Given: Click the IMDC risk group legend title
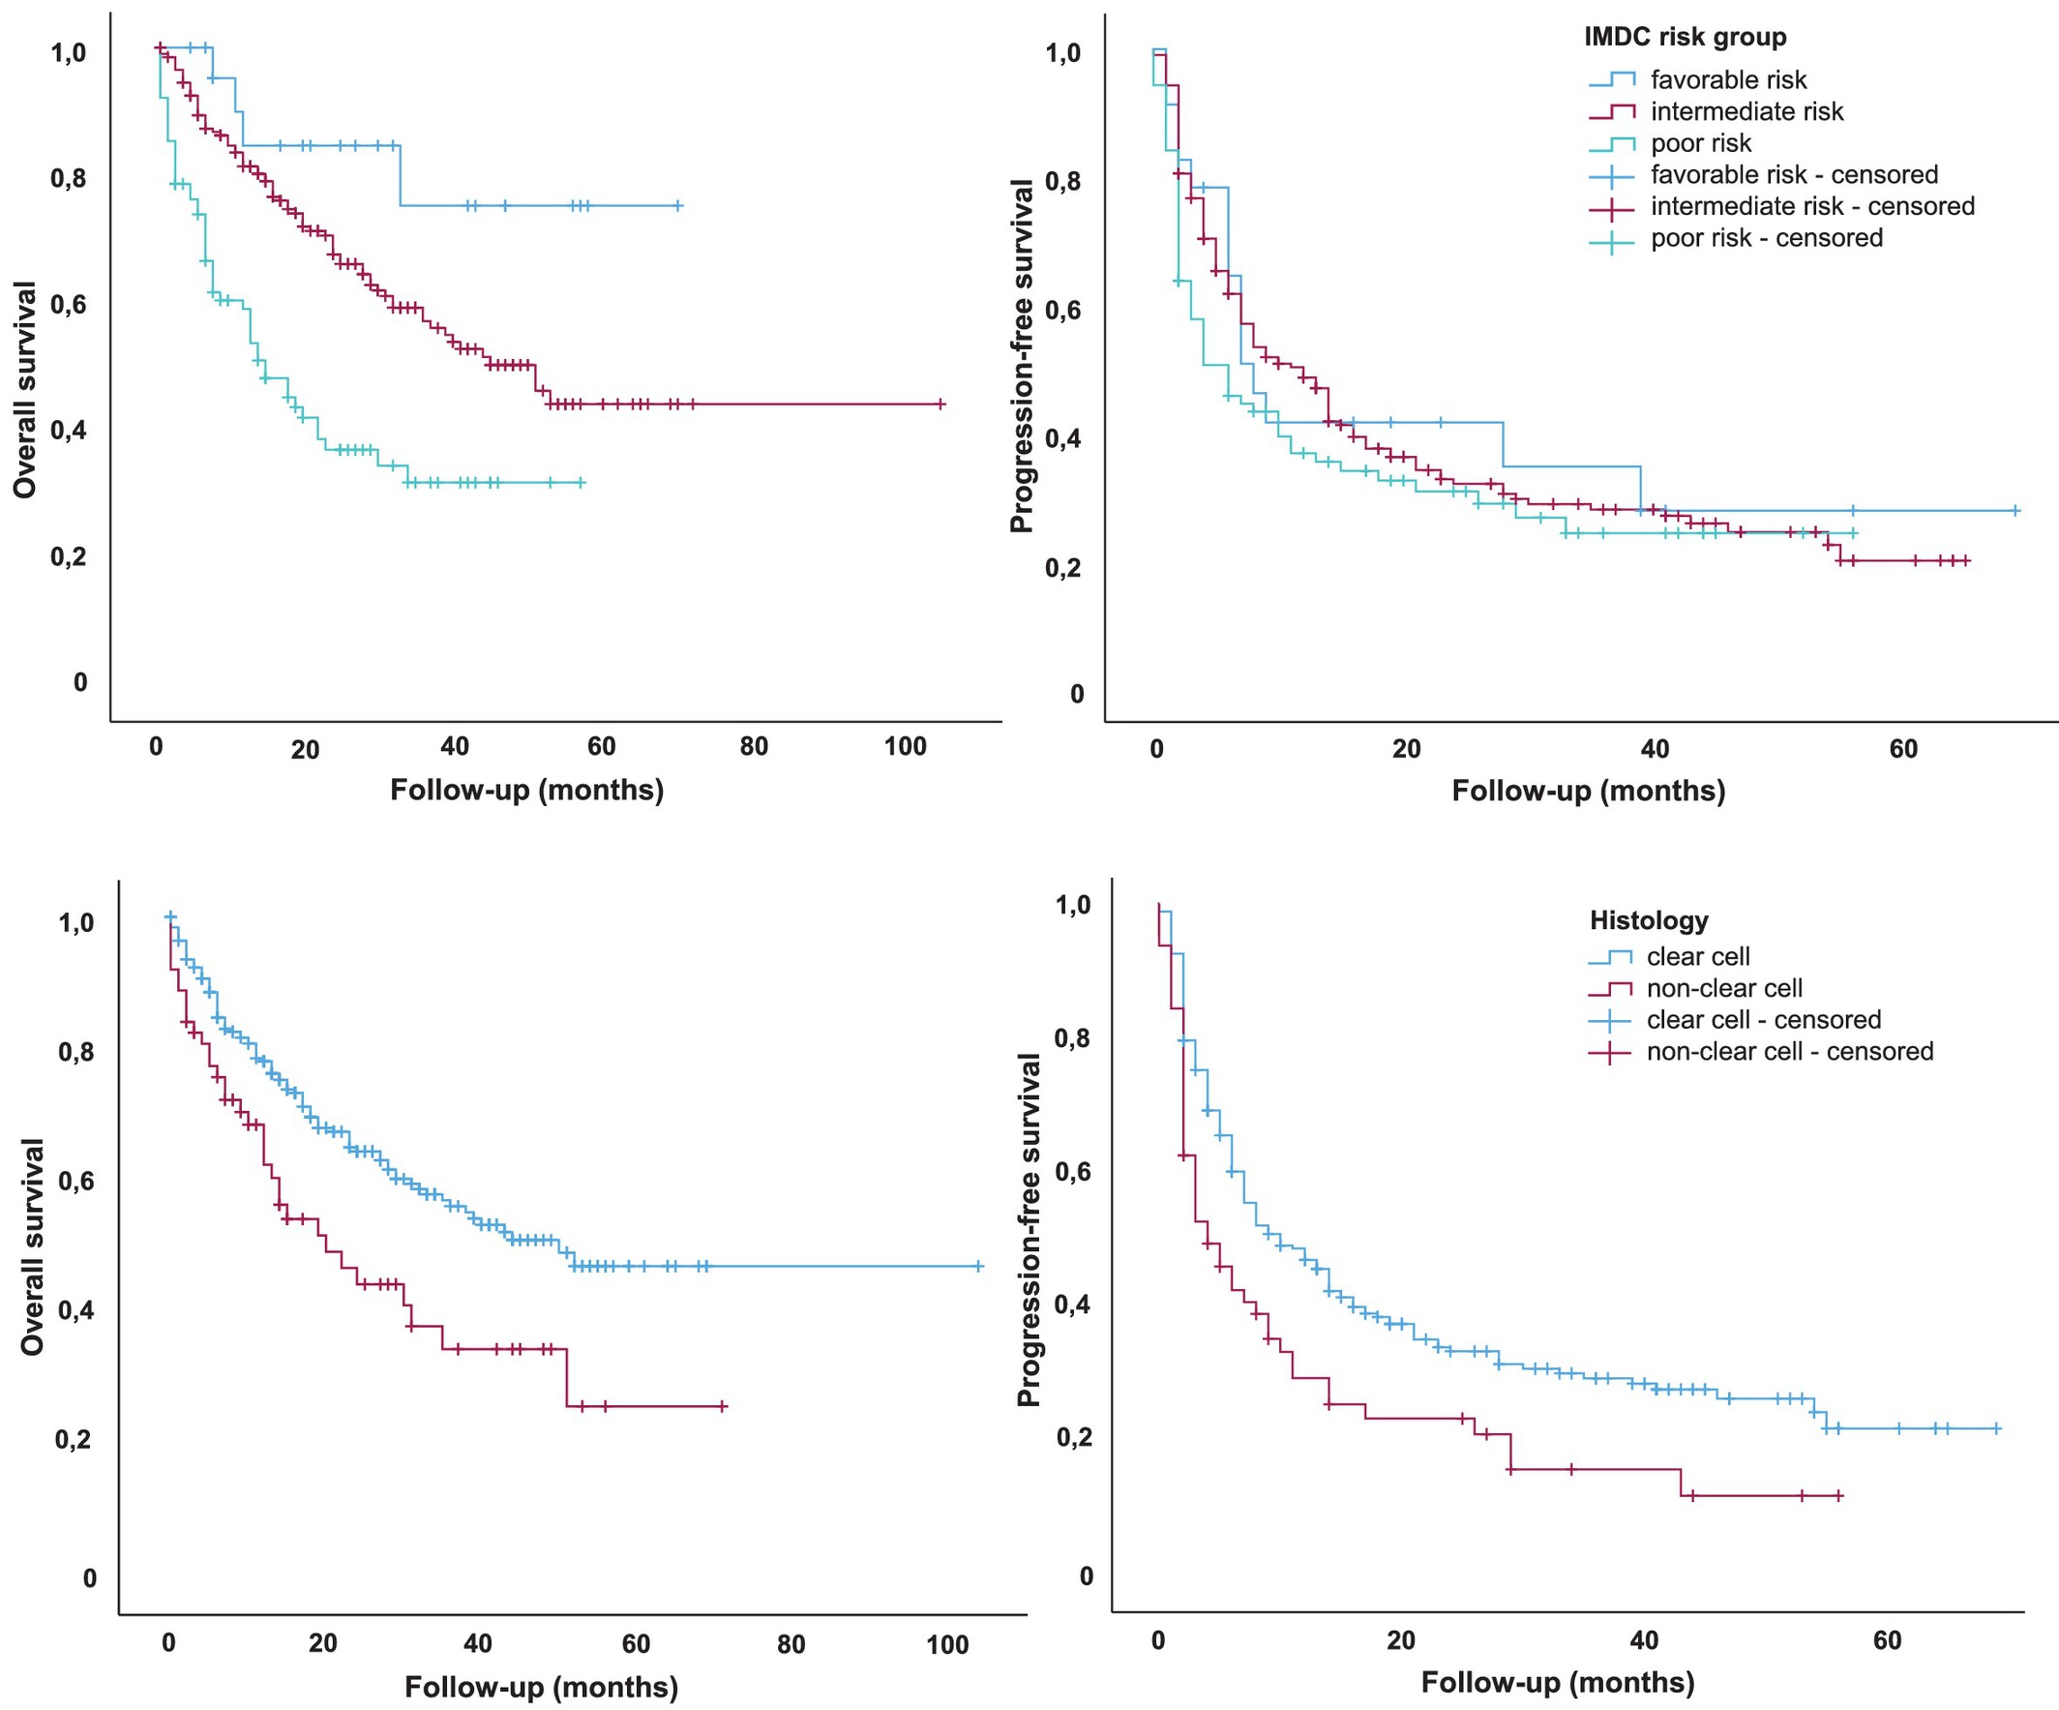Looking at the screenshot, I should [1685, 38].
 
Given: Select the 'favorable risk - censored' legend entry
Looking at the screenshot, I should [1793, 175].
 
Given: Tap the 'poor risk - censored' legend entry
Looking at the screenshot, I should [1766, 238].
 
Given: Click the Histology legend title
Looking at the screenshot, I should [1648, 920].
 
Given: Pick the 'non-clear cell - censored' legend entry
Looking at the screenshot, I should [1789, 1052].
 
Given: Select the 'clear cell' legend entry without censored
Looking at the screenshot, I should [1697, 957].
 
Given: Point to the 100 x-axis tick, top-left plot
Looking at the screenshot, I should [904, 747].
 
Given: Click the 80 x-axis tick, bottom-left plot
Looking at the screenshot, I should [791, 1644].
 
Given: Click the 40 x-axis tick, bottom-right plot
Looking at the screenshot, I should [1643, 1640].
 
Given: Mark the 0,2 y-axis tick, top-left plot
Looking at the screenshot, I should [69, 556].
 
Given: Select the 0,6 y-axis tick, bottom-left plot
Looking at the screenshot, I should [77, 1182].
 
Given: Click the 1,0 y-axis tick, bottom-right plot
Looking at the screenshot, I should [1073, 904].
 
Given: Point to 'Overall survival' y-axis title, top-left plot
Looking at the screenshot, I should [24, 389].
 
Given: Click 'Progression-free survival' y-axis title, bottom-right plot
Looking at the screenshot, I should [1029, 1230].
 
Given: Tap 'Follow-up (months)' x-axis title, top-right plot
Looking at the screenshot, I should [1588, 792].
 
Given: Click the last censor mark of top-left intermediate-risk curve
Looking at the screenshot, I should [941, 404].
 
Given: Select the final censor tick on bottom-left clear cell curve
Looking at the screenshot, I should [977, 1267].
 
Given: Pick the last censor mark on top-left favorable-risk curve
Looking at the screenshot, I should [678, 206].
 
